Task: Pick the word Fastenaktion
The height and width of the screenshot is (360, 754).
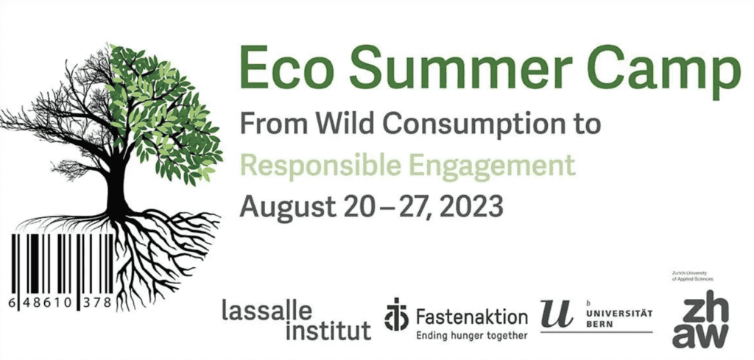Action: click(472, 317)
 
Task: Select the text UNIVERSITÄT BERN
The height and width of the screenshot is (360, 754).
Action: click(619, 319)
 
